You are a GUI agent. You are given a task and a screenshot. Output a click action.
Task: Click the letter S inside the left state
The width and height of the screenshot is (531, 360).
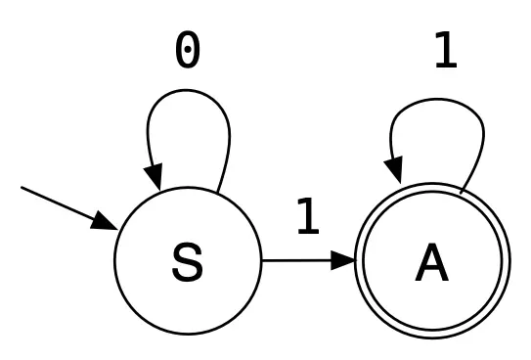pos(187,262)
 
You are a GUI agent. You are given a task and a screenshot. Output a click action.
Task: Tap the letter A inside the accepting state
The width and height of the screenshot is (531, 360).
pos(433,262)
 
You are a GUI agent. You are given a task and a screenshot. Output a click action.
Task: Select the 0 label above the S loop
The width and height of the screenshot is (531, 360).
pos(188,51)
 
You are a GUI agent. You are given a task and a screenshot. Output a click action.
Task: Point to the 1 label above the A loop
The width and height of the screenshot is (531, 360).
pos(445,51)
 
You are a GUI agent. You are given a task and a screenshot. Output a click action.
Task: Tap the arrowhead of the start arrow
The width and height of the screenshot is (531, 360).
pos(106,223)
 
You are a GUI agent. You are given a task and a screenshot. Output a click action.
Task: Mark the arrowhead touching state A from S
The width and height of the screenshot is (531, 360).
pos(345,261)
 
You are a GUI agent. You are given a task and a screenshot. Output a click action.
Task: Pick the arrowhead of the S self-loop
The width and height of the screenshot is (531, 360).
pos(155,178)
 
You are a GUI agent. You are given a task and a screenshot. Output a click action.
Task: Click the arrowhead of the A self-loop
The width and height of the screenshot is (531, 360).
pos(394,170)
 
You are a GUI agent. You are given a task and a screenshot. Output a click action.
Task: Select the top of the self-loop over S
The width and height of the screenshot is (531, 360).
pos(188,92)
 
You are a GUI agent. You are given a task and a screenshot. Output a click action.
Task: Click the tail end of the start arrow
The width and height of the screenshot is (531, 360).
pos(22,188)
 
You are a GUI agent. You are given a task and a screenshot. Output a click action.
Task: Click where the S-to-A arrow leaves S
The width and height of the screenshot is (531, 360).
pos(261,261)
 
